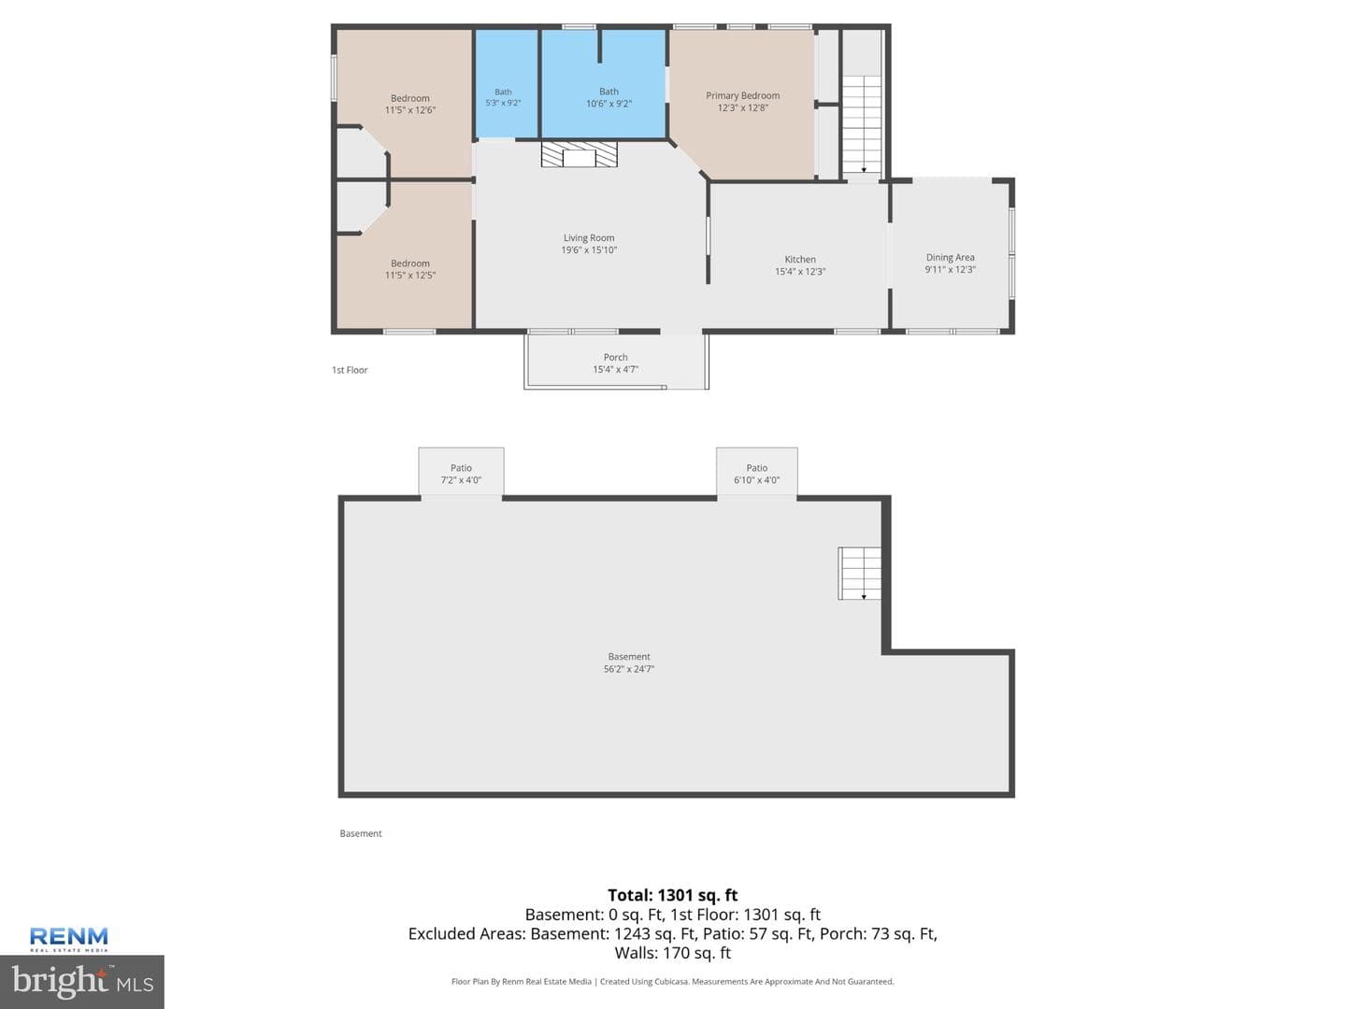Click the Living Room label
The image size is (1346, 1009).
tap(589, 237)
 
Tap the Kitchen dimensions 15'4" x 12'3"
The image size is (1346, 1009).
tap(800, 271)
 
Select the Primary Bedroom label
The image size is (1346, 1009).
tap(742, 95)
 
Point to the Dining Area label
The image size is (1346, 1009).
tap(950, 257)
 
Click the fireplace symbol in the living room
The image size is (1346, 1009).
tap(580, 155)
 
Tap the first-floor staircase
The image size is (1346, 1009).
tap(862, 124)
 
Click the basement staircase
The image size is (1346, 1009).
tap(860, 574)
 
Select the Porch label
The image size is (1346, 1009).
tap(616, 357)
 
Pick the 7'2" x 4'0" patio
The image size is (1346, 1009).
tap(461, 472)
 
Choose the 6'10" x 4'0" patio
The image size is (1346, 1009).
tap(757, 472)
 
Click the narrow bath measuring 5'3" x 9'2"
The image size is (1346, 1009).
tap(507, 84)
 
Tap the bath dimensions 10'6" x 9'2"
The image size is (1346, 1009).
tap(609, 104)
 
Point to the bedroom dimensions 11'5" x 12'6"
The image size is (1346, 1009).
tap(410, 110)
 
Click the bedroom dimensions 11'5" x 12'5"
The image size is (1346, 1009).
tap(410, 275)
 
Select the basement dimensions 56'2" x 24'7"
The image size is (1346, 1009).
tap(629, 669)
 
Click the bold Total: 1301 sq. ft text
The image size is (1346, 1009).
tap(673, 895)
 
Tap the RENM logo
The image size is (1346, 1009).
tap(68, 939)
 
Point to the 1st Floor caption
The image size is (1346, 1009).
tap(350, 370)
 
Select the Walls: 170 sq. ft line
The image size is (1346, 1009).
tap(673, 953)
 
